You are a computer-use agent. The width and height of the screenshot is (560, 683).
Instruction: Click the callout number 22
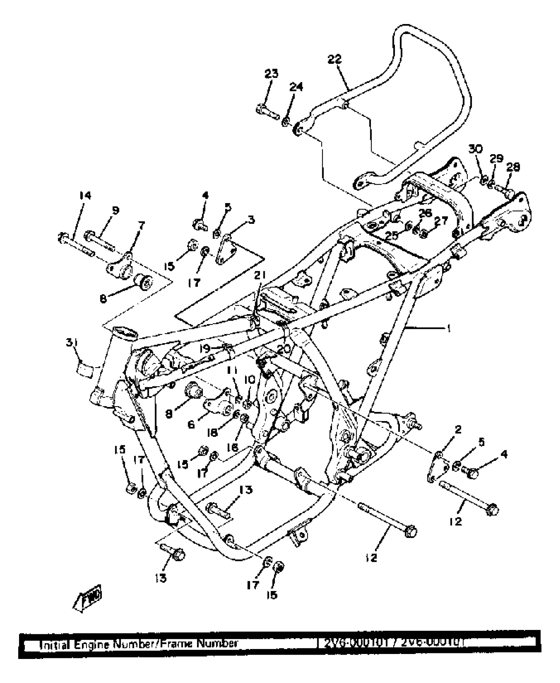[334, 60]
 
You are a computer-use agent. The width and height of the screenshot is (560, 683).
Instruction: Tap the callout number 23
[271, 74]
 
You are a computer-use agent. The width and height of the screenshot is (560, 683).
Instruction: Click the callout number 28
[513, 167]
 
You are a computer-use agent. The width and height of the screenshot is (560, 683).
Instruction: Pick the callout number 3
[251, 220]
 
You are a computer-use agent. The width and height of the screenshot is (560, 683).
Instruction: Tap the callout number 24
[296, 87]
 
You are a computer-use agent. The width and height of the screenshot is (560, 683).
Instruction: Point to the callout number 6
[191, 425]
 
